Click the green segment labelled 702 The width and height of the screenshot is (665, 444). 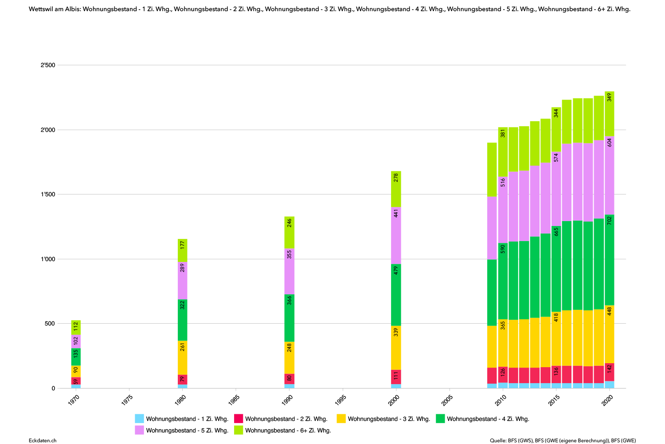click(610, 260)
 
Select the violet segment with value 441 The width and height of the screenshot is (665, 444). click(396, 235)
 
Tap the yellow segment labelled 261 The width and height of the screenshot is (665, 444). click(183, 357)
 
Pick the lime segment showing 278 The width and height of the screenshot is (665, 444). click(396, 189)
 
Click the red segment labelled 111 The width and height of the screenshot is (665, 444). click(396, 377)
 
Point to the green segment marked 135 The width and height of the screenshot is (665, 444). click(76, 357)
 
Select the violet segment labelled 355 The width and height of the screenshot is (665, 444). click(289, 271)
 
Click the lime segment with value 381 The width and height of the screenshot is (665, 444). click(503, 151)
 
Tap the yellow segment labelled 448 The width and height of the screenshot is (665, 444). click(610, 334)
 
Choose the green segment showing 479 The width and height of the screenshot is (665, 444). click(396, 295)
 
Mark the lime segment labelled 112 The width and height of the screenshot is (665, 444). click(76, 327)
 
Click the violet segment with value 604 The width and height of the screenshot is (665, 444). click(610, 175)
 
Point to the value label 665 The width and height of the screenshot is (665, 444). click(556, 232)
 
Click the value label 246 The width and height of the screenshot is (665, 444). click(289, 222)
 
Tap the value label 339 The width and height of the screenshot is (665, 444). click(396, 332)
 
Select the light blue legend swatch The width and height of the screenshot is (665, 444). click(139, 418)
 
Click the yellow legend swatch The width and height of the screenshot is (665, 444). click(341, 418)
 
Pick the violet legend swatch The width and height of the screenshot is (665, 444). click(139, 430)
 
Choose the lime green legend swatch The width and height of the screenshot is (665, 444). click(239, 430)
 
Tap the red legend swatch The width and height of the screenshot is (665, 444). click(239, 418)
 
